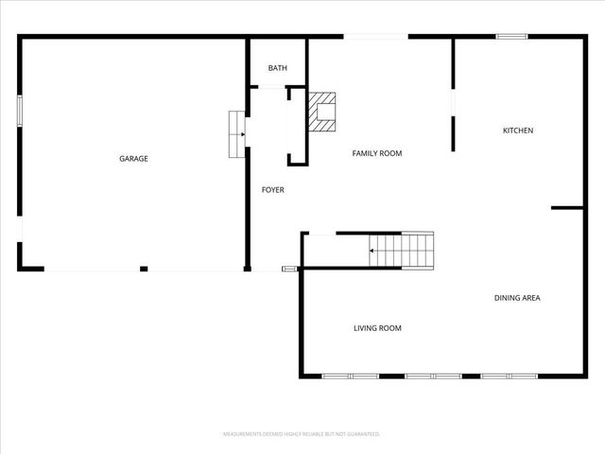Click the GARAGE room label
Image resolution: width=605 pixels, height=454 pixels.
tap(133, 159)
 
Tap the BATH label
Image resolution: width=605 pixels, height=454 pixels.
tap(277, 68)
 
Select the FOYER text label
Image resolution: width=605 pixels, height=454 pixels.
tap(273, 190)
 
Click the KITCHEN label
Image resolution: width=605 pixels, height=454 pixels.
tap(518, 131)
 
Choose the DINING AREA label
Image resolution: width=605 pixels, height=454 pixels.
tap(517, 298)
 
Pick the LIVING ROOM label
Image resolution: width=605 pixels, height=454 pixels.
tap(377, 328)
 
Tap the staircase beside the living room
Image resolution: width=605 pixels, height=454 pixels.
tap(402, 250)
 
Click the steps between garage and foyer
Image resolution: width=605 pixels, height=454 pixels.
tap(236, 134)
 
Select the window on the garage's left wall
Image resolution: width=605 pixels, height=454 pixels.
tap(19, 110)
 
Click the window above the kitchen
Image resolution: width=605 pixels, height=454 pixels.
tap(511, 37)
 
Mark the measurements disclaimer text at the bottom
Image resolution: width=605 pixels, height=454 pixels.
tap(302, 434)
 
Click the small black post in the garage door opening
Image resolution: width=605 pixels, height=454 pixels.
tap(144, 269)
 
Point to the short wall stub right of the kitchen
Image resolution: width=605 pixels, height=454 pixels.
tap(567, 208)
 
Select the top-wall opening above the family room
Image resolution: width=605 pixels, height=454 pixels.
tap(375, 37)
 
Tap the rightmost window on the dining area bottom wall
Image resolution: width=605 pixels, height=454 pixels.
tap(510, 376)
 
